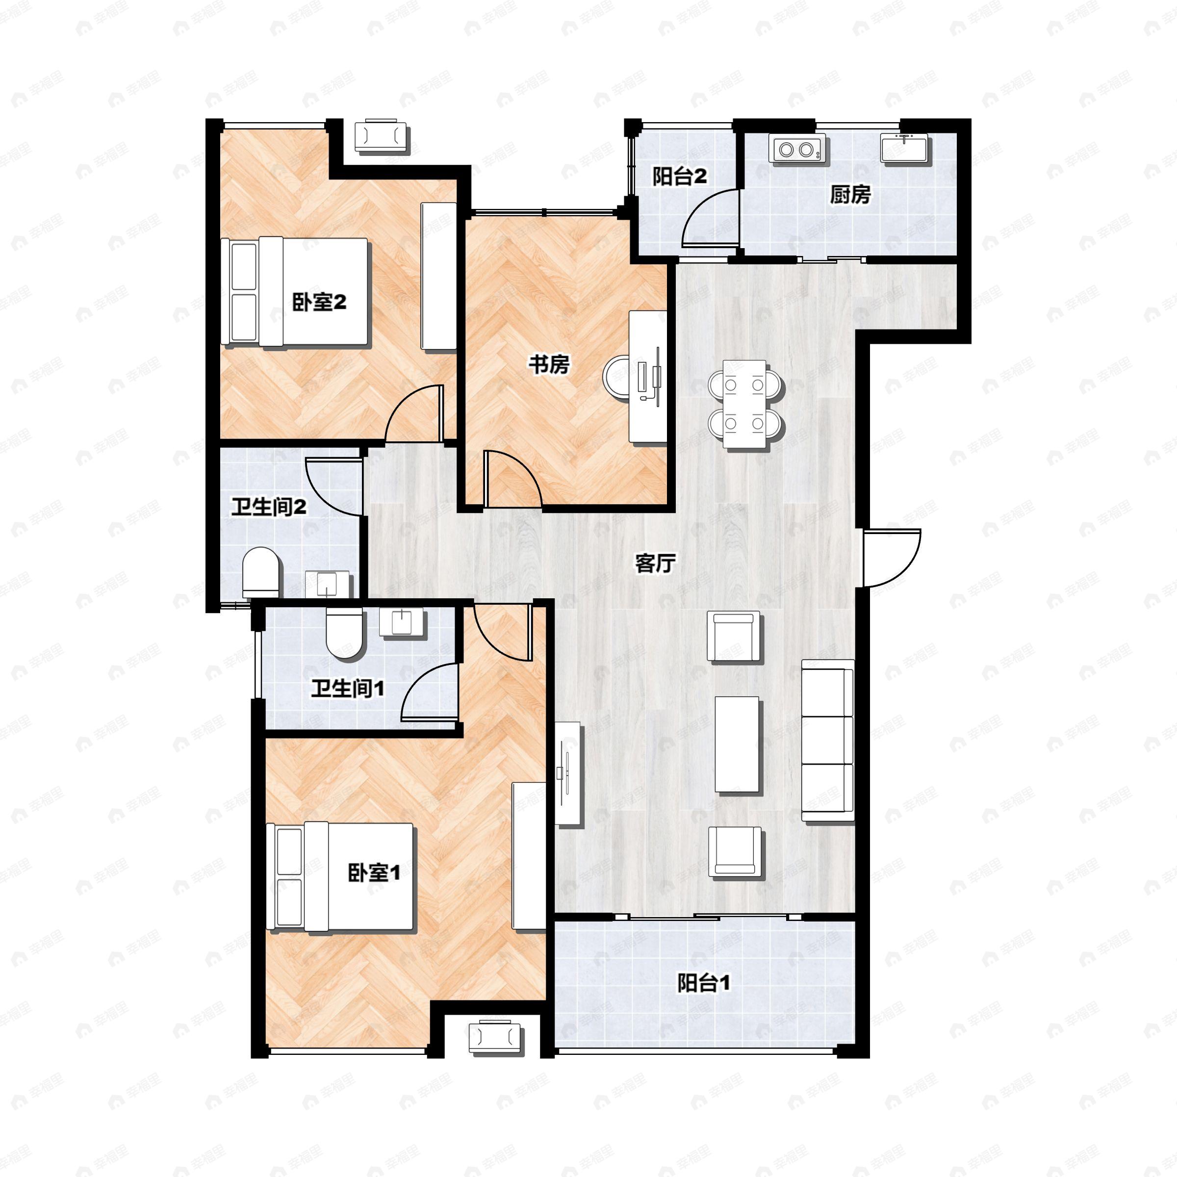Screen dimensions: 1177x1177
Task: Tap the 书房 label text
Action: [549, 364]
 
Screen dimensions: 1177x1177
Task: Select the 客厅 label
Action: [655, 563]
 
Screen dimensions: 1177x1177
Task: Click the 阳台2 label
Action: [679, 177]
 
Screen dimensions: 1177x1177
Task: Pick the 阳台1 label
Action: [704, 983]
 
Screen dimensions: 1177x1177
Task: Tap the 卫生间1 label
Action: [347, 689]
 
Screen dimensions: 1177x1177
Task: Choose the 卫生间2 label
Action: [269, 507]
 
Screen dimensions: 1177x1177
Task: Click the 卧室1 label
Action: [374, 873]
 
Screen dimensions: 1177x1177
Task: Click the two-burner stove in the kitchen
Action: [797, 149]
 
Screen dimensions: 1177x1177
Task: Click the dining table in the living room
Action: [745, 404]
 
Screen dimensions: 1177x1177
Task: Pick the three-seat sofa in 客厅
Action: [827, 740]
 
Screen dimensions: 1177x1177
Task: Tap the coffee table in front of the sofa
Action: [738, 744]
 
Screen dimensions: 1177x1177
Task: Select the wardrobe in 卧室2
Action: [438, 276]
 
